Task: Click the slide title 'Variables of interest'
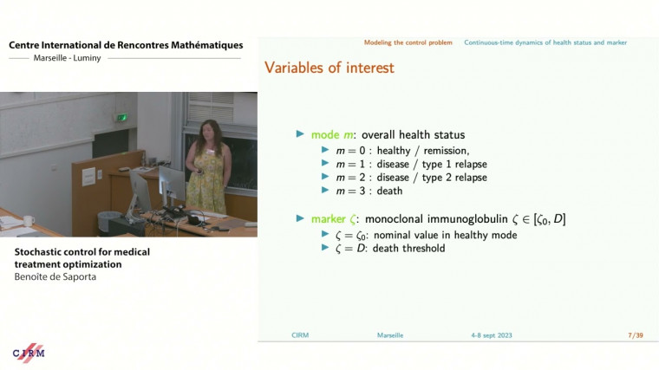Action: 329,68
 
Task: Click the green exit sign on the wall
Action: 123,117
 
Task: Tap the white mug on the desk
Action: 29,220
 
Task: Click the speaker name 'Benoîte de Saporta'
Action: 55,277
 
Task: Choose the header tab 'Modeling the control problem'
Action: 408,42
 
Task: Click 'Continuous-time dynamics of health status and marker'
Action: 545,42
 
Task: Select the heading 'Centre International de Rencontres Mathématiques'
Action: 126,45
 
